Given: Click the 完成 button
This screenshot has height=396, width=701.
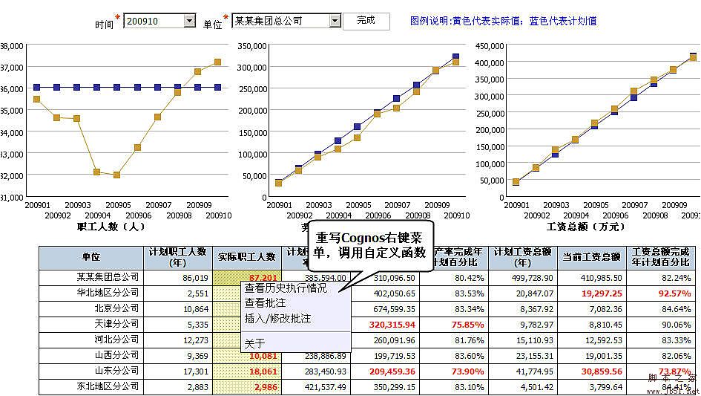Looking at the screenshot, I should (x=366, y=21).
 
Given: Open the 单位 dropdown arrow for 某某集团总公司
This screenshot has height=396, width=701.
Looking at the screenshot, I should (x=335, y=21).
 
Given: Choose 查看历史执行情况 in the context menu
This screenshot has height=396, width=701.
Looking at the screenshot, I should (x=286, y=288).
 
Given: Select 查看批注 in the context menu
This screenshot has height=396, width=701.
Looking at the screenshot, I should (x=265, y=303).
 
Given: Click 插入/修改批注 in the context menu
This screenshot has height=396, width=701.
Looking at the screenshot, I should (x=277, y=319).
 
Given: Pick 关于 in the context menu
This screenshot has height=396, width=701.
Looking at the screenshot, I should (x=254, y=343).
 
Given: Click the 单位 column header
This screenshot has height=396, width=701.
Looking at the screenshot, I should (x=90, y=257).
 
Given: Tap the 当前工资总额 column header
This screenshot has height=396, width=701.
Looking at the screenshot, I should (x=590, y=257).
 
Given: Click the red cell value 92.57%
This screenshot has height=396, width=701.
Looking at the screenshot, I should (x=672, y=293).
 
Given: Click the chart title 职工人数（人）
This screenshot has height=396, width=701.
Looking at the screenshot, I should (x=111, y=226).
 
